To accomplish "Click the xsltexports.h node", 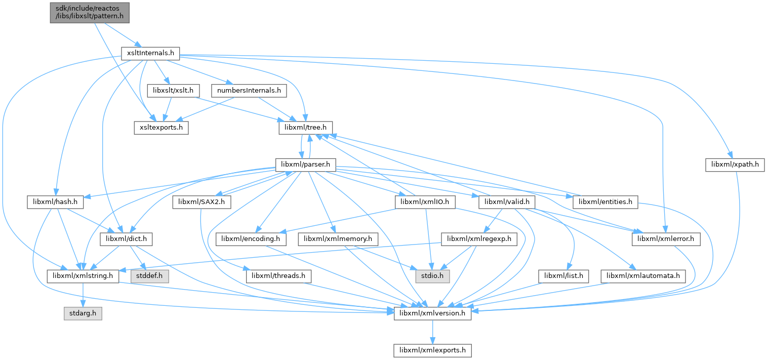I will [161, 127].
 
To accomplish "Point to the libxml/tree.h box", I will [305, 127].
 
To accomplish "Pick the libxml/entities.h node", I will [605, 202].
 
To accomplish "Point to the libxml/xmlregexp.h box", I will [479, 238].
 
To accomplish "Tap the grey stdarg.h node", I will [83, 313].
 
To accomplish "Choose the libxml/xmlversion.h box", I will [433, 313].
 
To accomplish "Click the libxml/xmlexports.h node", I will [433, 350].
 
